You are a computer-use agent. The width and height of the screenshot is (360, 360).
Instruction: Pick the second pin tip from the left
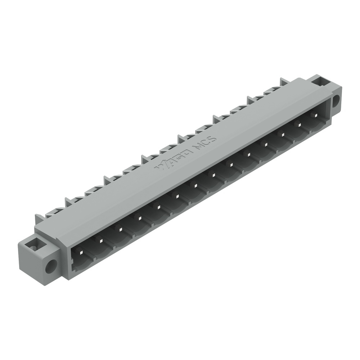(x=100, y=240)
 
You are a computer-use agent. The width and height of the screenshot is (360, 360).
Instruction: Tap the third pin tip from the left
(x=119, y=229)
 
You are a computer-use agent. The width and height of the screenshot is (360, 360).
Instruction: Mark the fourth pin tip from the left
(x=138, y=218)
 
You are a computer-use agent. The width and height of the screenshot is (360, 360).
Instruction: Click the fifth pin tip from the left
(x=157, y=207)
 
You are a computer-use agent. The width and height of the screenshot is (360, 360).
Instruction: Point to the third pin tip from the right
(x=283, y=135)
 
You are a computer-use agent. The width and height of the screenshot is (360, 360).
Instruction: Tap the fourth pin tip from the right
(x=266, y=145)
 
